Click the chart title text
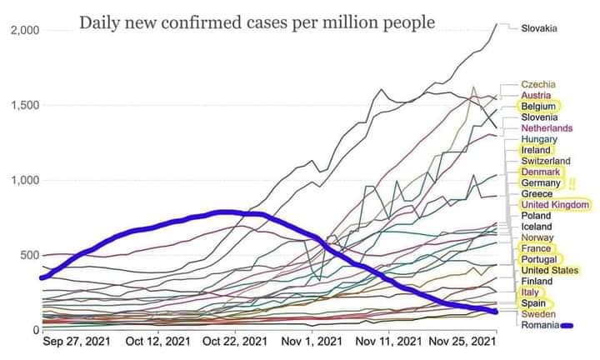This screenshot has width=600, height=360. pos(257,22)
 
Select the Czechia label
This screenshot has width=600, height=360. pos(538,85)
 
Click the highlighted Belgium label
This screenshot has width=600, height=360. pos(539,107)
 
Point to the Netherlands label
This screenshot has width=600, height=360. pos(547,128)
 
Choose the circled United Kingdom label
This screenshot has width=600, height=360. pos(555,205)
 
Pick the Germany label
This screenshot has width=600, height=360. pos(541,183)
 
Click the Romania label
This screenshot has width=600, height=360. pos(540,324)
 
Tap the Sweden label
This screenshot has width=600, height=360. pos(537,313)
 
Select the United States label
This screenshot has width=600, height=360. pos(549,270)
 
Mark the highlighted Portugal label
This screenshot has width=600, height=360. pos(539,259)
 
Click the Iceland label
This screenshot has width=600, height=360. pos(536,227)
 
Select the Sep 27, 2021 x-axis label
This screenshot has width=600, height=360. pos(75,342)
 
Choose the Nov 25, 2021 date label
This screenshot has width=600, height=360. pos(463,342)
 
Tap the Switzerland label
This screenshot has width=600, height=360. pos(546,161)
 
